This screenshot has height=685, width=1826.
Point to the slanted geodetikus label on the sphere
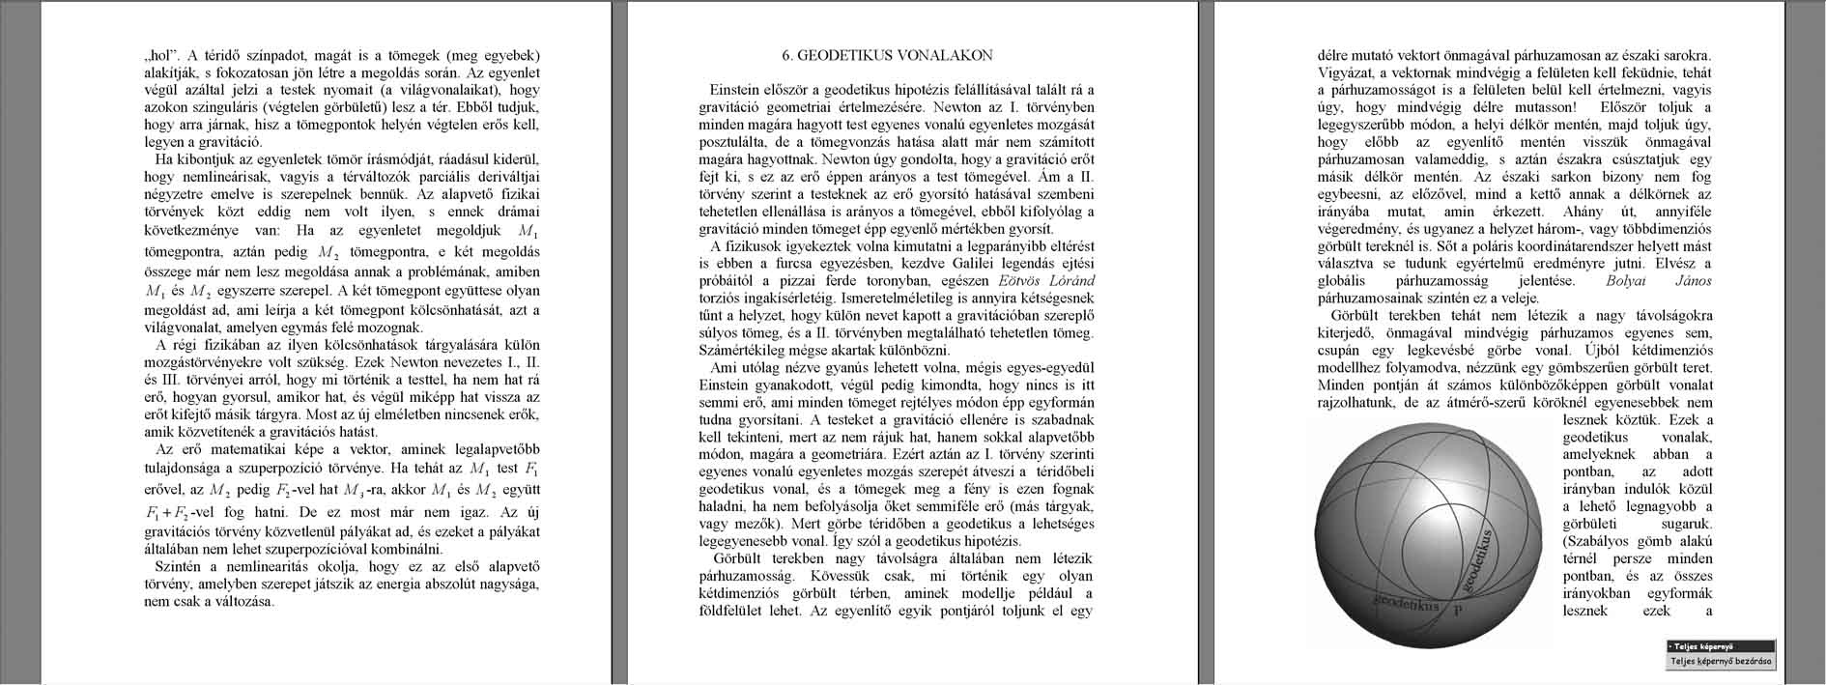click(1477, 560)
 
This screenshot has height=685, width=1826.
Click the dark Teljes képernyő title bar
click(1720, 646)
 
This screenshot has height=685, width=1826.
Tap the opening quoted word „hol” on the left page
click(157, 55)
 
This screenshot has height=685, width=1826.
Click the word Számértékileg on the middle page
click(741, 351)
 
